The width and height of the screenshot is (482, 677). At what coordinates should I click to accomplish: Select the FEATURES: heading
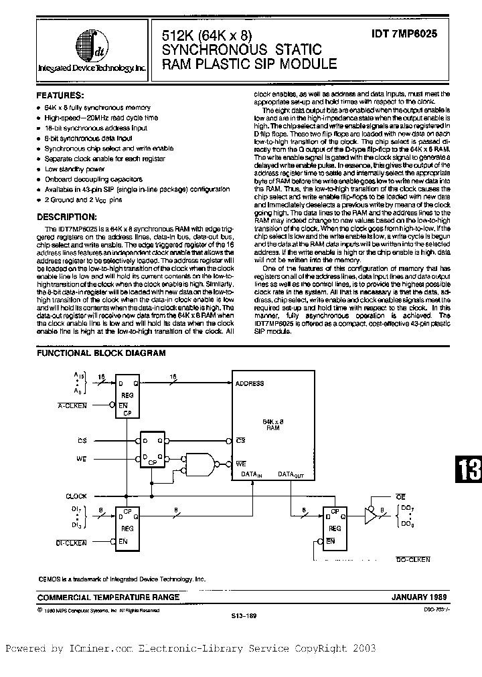pyautogui.click(x=60, y=96)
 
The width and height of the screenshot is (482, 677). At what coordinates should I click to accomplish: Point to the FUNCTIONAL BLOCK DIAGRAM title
pyautogui.click(x=100, y=353)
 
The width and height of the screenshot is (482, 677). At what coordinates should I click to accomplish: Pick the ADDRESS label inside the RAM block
pyautogui.click(x=250, y=384)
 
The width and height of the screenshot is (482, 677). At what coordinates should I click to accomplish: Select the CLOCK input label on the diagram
pyautogui.click(x=76, y=496)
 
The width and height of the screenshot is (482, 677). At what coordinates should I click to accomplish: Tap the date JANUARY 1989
pyautogui.click(x=418, y=596)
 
